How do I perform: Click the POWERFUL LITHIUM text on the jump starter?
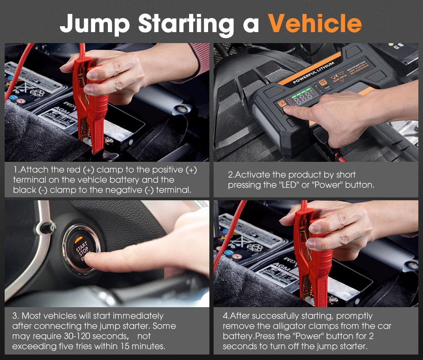313,73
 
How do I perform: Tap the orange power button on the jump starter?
281,103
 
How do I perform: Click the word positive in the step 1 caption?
162,170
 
